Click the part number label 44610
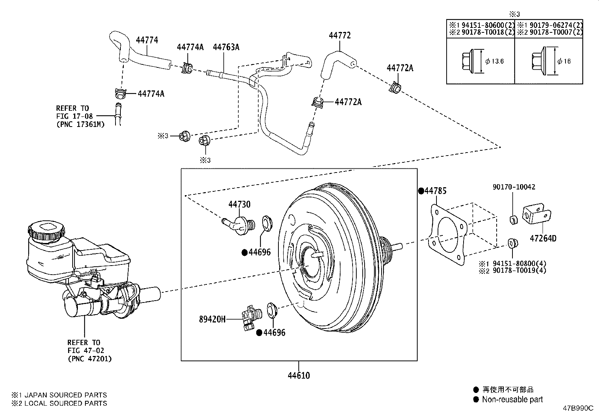pos(299,376)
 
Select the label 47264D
pos(543,238)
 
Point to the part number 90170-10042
pos(514,187)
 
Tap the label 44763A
pos(226,47)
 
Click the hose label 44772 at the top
pos(339,35)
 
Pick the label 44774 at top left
pos(147,40)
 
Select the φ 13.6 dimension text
pos(494,61)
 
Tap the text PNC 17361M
pos(81,124)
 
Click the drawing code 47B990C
pos(578,408)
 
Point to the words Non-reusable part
pos(512,400)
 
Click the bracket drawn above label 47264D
pos(536,217)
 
